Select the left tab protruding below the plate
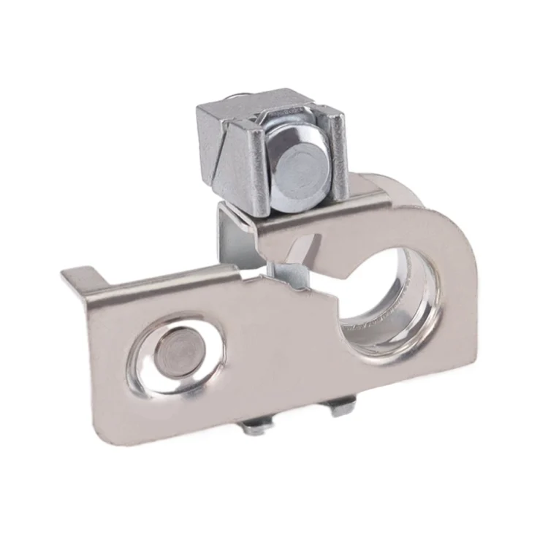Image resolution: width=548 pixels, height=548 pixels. click(x=256, y=427)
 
